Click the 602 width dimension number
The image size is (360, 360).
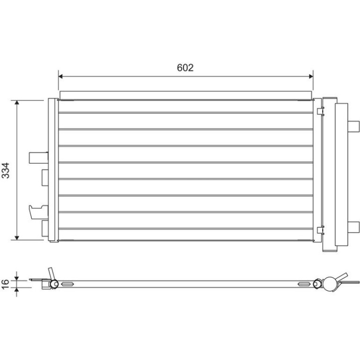pos(185,67)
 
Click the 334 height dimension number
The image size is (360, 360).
pos(6,170)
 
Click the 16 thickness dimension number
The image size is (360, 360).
pos(5,284)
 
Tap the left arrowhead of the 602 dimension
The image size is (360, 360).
pos(60,77)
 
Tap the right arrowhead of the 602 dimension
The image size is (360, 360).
pos(311,77)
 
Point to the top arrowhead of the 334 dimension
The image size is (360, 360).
pos(17,102)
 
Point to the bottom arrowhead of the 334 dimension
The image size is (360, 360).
pos(17,238)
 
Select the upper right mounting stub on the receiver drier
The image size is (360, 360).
pos(353,127)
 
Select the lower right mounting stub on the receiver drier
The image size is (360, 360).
pos(353,227)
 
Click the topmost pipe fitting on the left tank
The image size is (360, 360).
pos(38,158)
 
